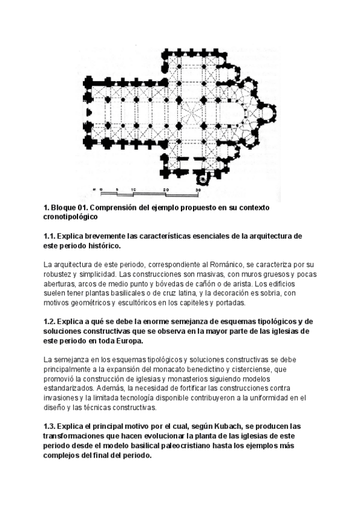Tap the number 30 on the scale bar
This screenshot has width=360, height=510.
198,190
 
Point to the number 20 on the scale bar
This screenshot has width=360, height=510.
165,190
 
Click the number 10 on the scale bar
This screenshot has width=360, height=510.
133,190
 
